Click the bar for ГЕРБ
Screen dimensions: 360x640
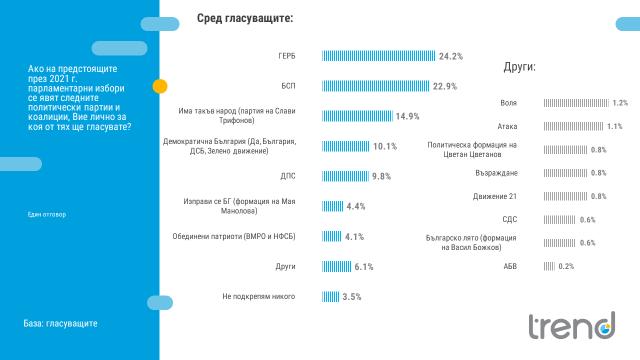click(378, 56)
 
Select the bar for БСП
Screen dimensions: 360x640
click(376, 86)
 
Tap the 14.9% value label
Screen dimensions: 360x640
click(407, 116)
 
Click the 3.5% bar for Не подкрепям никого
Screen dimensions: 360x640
click(330, 297)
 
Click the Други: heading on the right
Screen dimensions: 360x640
click(519, 68)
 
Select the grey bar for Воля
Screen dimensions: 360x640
click(575, 103)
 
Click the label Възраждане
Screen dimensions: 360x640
click(498, 172)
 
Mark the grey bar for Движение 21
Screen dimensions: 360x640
click(565, 196)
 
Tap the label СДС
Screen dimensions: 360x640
click(509, 219)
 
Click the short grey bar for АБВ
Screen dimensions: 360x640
click(549, 266)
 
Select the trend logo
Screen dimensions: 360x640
click(571, 326)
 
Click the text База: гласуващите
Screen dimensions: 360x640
click(60, 324)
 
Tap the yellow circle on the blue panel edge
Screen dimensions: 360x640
click(159, 87)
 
